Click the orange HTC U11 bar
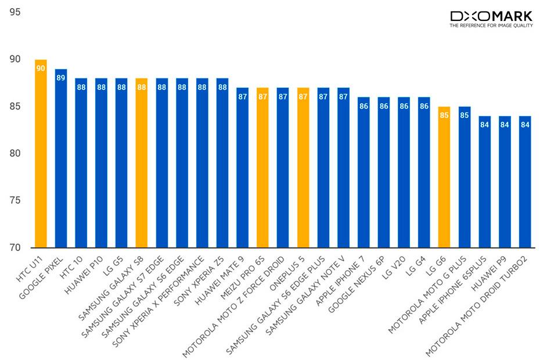tap(41, 154)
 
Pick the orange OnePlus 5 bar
tap(303, 168)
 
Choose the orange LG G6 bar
tap(444, 177)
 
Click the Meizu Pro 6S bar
tap(262, 168)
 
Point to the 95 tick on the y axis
tap(15, 12)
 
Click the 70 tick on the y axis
tap(15, 248)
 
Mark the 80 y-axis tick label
tap(15, 154)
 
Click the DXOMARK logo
tap(494, 16)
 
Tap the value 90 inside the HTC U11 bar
tap(41, 69)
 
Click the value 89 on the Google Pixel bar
tap(61, 78)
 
